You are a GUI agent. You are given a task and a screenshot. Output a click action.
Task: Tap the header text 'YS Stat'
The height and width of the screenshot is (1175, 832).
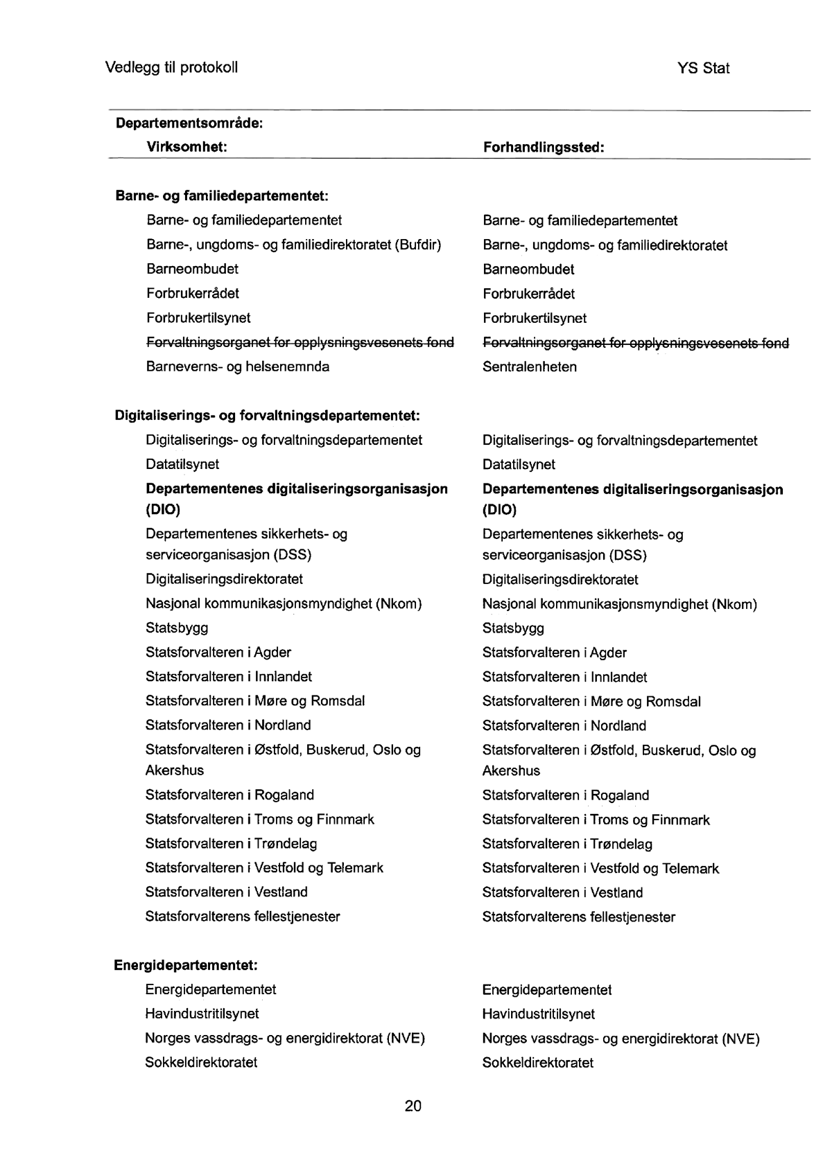[x=704, y=69]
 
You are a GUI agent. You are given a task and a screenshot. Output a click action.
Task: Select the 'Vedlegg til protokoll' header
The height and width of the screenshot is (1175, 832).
[x=171, y=68]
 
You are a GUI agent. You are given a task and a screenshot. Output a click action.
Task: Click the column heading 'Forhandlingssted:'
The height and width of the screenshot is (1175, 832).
[x=544, y=148]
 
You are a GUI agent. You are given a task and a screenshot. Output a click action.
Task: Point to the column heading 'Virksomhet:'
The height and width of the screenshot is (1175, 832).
[x=187, y=148]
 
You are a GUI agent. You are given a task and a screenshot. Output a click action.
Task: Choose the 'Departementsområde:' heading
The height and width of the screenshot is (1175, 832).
[x=189, y=124]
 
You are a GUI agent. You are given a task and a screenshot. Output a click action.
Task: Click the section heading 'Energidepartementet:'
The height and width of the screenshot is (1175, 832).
[x=186, y=965]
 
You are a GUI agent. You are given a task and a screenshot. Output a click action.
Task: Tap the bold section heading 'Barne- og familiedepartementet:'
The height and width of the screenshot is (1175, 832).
[x=221, y=196]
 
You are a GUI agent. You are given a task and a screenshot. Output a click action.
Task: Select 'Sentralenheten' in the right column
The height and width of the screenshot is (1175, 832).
[x=530, y=367]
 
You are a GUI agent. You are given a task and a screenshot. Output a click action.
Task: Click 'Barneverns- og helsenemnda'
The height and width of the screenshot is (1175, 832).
[x=238, y=366]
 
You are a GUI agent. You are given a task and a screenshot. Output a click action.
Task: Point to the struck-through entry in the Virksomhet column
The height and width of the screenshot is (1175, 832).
[x=300, y=343]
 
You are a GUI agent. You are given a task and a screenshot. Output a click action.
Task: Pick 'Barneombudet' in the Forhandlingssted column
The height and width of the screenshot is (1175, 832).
[x=528, y=270]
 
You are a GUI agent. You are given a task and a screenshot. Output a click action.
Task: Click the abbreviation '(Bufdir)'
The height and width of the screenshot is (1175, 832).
[x=418, y=245]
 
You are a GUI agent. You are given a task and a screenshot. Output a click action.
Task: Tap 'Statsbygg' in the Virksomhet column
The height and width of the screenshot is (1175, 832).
[x=177, y=628]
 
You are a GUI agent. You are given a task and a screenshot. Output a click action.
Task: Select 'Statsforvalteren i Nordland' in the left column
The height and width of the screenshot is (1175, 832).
[x=228, y=725]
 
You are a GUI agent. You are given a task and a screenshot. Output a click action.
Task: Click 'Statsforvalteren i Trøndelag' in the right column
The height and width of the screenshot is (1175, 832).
[x=567, y=845]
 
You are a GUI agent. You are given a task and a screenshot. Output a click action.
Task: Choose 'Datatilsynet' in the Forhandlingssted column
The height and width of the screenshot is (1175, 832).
[x=519, y=465]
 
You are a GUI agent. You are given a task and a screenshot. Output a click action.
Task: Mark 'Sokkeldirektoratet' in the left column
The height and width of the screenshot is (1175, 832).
[x=201, y=1063]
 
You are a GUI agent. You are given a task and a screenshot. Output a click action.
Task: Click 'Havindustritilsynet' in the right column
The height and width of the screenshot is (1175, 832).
[x=539, y=1014]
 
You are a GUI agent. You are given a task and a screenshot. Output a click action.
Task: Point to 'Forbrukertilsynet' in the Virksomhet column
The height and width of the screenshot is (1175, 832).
[x=198, y=318]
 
